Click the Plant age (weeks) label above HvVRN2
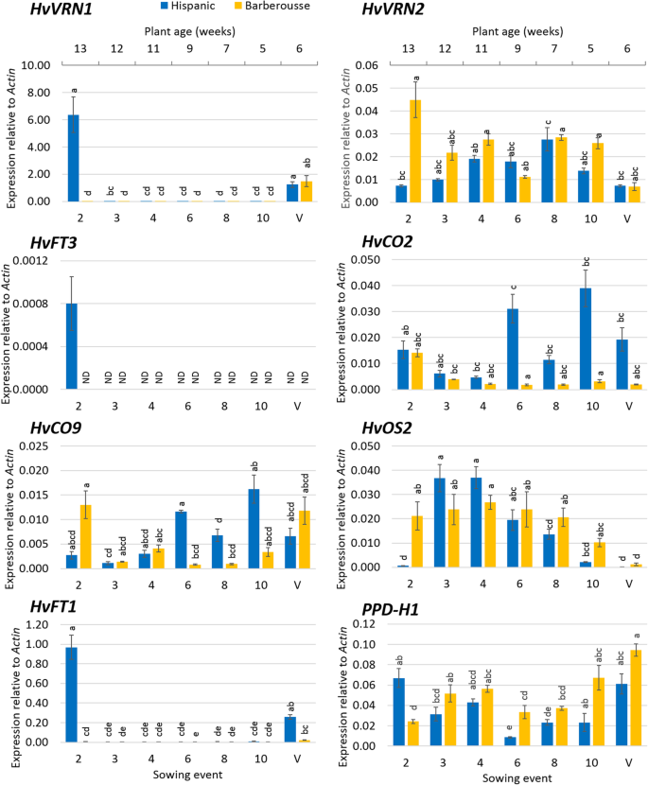coord(515,30)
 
